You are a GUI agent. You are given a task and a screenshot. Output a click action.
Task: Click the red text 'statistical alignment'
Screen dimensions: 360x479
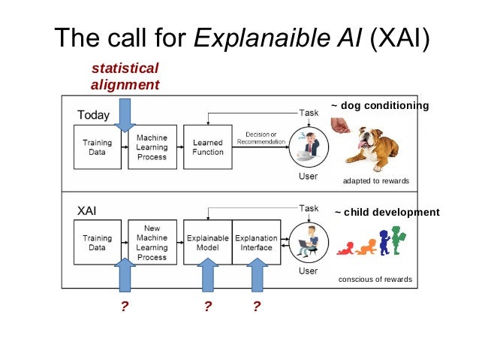[x=125, y=77]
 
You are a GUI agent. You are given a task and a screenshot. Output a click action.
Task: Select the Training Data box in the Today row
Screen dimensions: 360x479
[x=97, y=147]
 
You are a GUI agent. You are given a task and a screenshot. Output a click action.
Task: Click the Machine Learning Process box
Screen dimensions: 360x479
[x=152, y=147]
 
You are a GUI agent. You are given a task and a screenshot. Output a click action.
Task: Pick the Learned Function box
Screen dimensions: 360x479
[x=208, y=147]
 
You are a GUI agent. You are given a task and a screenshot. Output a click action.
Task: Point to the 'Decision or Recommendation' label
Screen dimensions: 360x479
[x=261, y=139]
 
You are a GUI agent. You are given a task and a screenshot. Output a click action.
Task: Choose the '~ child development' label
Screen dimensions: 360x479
[x=387, y=212]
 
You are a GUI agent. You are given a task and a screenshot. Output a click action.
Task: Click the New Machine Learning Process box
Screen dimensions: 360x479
[x=152, y=241]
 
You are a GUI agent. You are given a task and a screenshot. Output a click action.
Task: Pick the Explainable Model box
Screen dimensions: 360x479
[x=207, y=242]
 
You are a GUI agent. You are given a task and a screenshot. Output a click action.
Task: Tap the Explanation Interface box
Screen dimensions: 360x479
[x=257, y=242]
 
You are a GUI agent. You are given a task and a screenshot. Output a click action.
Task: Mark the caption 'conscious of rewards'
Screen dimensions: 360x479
[x=375, y=279]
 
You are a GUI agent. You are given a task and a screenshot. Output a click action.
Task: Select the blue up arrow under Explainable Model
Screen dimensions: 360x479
[x=207, y=274]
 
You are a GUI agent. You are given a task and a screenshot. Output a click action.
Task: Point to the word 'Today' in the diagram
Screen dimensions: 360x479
[x=94, y=115]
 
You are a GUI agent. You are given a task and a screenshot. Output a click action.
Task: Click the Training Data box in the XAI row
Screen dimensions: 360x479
[x=97, y=242]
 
